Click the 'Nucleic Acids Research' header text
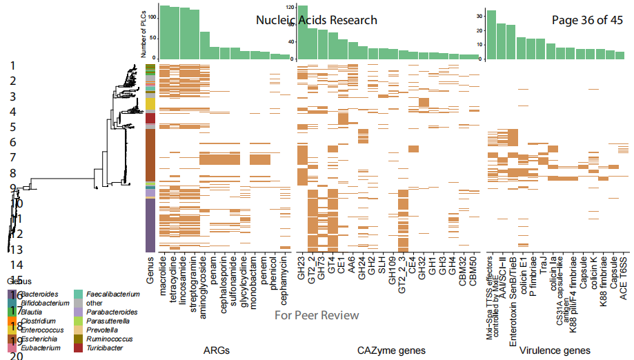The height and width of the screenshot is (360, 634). pyautogui.click(x=317, y=20)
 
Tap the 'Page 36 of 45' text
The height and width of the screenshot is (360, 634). pyautogui.click(x=588, y=20)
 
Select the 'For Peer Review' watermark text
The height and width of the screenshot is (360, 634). pyautogui.click(x=317, y=315)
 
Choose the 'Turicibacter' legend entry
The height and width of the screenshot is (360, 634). pyautogui.click(x=105, y=348)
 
